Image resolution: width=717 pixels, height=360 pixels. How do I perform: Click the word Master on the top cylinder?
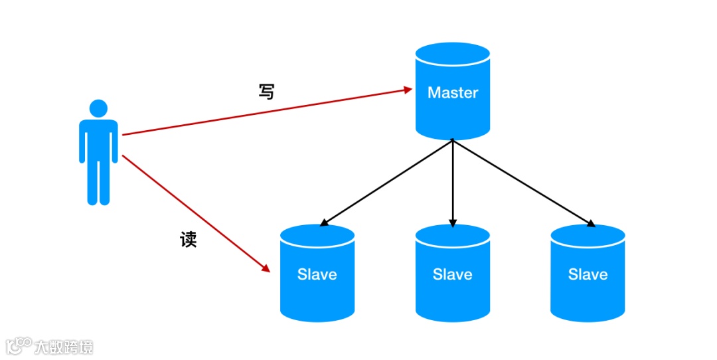click(x=453, y=93)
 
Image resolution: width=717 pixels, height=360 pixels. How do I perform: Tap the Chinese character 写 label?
click(x=266, y=92)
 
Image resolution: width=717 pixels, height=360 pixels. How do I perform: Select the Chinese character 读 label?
click(x=189, y=239)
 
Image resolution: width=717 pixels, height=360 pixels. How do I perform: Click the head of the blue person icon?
click(x=98, y=109)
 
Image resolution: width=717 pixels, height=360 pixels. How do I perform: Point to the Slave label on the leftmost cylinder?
click(x=317, y=274)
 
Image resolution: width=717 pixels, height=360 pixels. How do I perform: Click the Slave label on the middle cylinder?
click(x=453, y=274)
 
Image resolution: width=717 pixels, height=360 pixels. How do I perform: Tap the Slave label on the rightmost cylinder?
click(x=588, y=274)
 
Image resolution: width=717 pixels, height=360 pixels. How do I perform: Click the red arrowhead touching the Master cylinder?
click(x=408, y=89)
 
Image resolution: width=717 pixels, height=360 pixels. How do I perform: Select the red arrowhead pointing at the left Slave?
click(x=266, y=268)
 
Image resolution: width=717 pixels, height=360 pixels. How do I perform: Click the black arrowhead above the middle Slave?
click(x=453, y=223)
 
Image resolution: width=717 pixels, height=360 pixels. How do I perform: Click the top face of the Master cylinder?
click(x=453, y=52)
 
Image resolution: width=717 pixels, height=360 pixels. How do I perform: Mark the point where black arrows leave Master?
click(x=453, y=140)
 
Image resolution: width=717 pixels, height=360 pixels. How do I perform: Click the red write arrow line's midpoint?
click(x=266, y=112)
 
